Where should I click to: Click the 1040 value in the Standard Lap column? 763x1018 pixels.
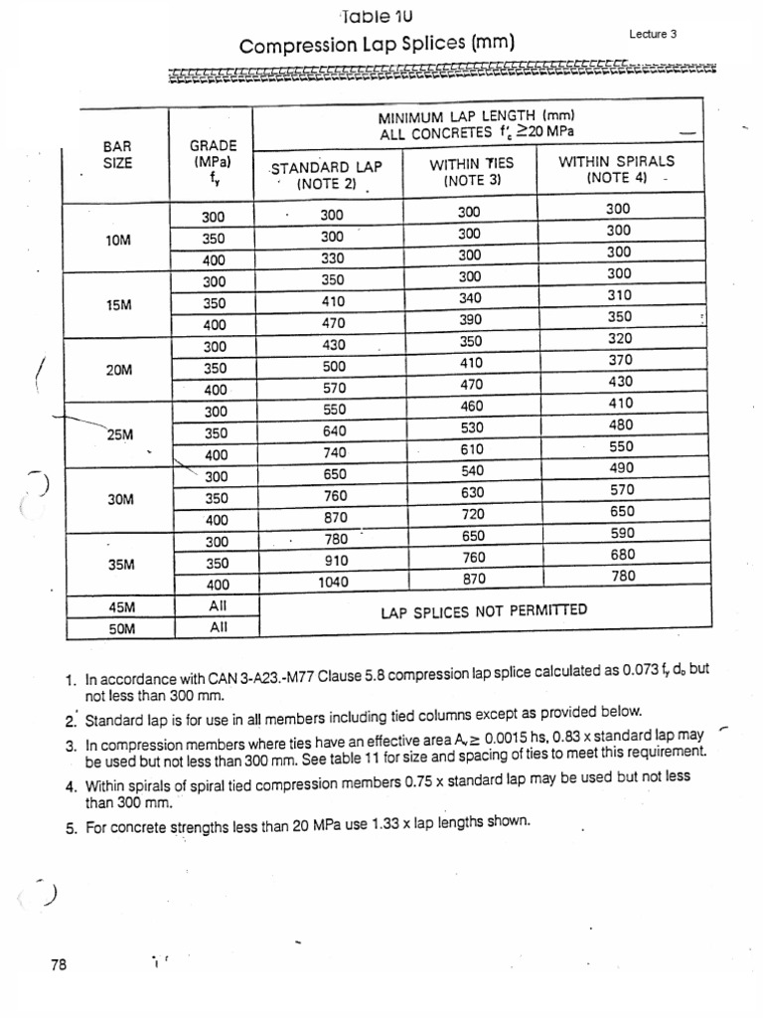(x=334, y=583)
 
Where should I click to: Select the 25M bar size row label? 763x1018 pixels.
(x=119, y=432)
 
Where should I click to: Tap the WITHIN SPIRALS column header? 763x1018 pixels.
(x=616, y=168)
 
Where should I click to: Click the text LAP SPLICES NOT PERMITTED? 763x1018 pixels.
(x=484, y=610)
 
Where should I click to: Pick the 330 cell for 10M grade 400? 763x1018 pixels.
(x=333, y=257)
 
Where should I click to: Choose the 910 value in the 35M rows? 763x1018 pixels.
(x=334, y=561)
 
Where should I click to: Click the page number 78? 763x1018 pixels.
(x=57, y=964)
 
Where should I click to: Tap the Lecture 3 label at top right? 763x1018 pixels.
(x=653, y=34)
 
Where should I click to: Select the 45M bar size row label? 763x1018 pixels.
(x=119, y=605)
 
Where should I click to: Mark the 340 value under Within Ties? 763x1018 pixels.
(x=471, y=297)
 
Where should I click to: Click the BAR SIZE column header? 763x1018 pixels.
(x=117, y=154)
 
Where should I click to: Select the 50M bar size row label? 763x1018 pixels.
(x=119, y=628)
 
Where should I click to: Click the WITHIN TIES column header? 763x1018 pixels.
(x=473, y=170)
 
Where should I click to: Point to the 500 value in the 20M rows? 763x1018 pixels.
(x=333, y=367)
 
